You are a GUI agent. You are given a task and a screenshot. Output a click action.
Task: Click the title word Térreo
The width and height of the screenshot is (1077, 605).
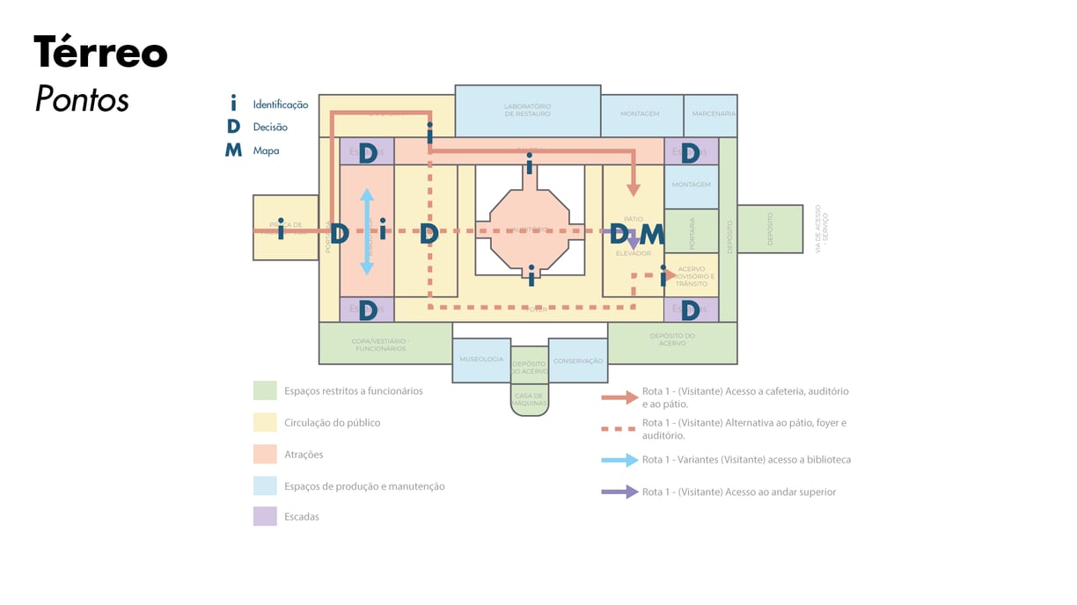pos(100,54)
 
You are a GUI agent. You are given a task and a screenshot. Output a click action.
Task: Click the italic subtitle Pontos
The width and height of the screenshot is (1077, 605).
pos(82,99)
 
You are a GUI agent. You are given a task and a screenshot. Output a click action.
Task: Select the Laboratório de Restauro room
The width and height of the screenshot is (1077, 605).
pos(528,111)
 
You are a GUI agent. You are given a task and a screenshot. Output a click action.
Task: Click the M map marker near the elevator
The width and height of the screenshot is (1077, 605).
pos(651,234)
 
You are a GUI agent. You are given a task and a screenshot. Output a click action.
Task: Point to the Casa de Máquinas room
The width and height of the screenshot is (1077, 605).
pos(530,399)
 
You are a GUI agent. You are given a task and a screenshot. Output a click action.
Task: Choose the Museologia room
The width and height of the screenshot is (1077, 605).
pos(481,360)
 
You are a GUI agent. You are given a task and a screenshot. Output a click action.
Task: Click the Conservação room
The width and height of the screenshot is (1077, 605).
pos(578,361)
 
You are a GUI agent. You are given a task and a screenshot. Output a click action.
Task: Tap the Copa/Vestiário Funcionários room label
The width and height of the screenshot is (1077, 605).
pos(381,344)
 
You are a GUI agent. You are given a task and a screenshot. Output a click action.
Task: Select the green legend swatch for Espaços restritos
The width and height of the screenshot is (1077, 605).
pos(265,390)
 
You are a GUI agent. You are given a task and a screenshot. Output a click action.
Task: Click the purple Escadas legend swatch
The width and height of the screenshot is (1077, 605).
pos(265,516)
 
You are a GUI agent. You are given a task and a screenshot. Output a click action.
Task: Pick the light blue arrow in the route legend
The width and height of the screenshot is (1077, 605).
pos(619,460)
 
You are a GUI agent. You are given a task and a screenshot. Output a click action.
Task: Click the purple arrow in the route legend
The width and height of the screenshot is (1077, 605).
pos(619,492)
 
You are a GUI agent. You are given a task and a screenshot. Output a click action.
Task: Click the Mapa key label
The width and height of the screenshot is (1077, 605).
pos(266,150)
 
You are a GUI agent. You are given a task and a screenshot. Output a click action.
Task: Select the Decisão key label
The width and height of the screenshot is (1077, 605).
pos(270,128)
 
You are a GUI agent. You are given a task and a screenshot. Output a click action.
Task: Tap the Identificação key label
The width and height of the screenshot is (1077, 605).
pos(281,105)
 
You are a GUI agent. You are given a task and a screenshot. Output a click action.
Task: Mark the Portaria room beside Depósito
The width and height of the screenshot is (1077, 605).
pos(692,231)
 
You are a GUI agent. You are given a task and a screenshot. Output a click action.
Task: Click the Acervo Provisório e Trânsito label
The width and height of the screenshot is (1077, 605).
pos(692,276)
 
